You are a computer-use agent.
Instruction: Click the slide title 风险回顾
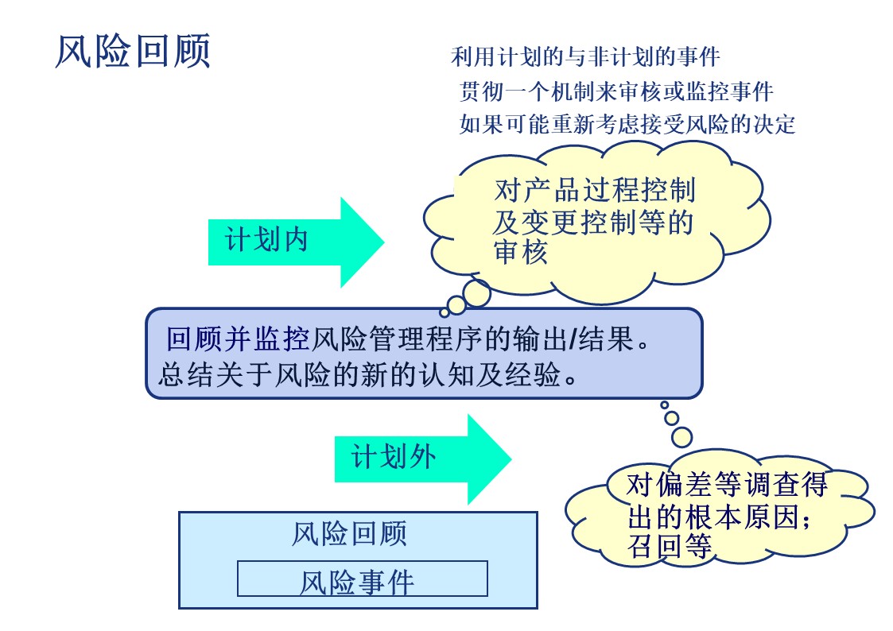132,52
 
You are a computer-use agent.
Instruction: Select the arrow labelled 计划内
294,241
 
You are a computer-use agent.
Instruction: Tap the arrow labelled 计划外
421,459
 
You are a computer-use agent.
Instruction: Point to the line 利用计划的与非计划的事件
585,57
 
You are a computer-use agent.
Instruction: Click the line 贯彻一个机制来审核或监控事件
616,91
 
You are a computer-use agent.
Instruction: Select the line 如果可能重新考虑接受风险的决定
627,124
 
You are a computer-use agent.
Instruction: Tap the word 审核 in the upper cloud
520,254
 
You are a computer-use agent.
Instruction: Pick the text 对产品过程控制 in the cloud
594,191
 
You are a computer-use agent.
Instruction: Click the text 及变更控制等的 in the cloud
593,223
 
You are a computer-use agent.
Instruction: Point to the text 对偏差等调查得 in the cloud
727,484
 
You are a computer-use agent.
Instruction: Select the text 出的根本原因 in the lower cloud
716,517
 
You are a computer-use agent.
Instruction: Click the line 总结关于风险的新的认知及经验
367,374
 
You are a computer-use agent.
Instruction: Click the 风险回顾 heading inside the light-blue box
349,533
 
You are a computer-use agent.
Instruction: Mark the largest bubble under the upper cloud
477,293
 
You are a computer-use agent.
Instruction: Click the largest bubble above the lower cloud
682,436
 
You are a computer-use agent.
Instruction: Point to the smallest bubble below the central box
665,405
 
